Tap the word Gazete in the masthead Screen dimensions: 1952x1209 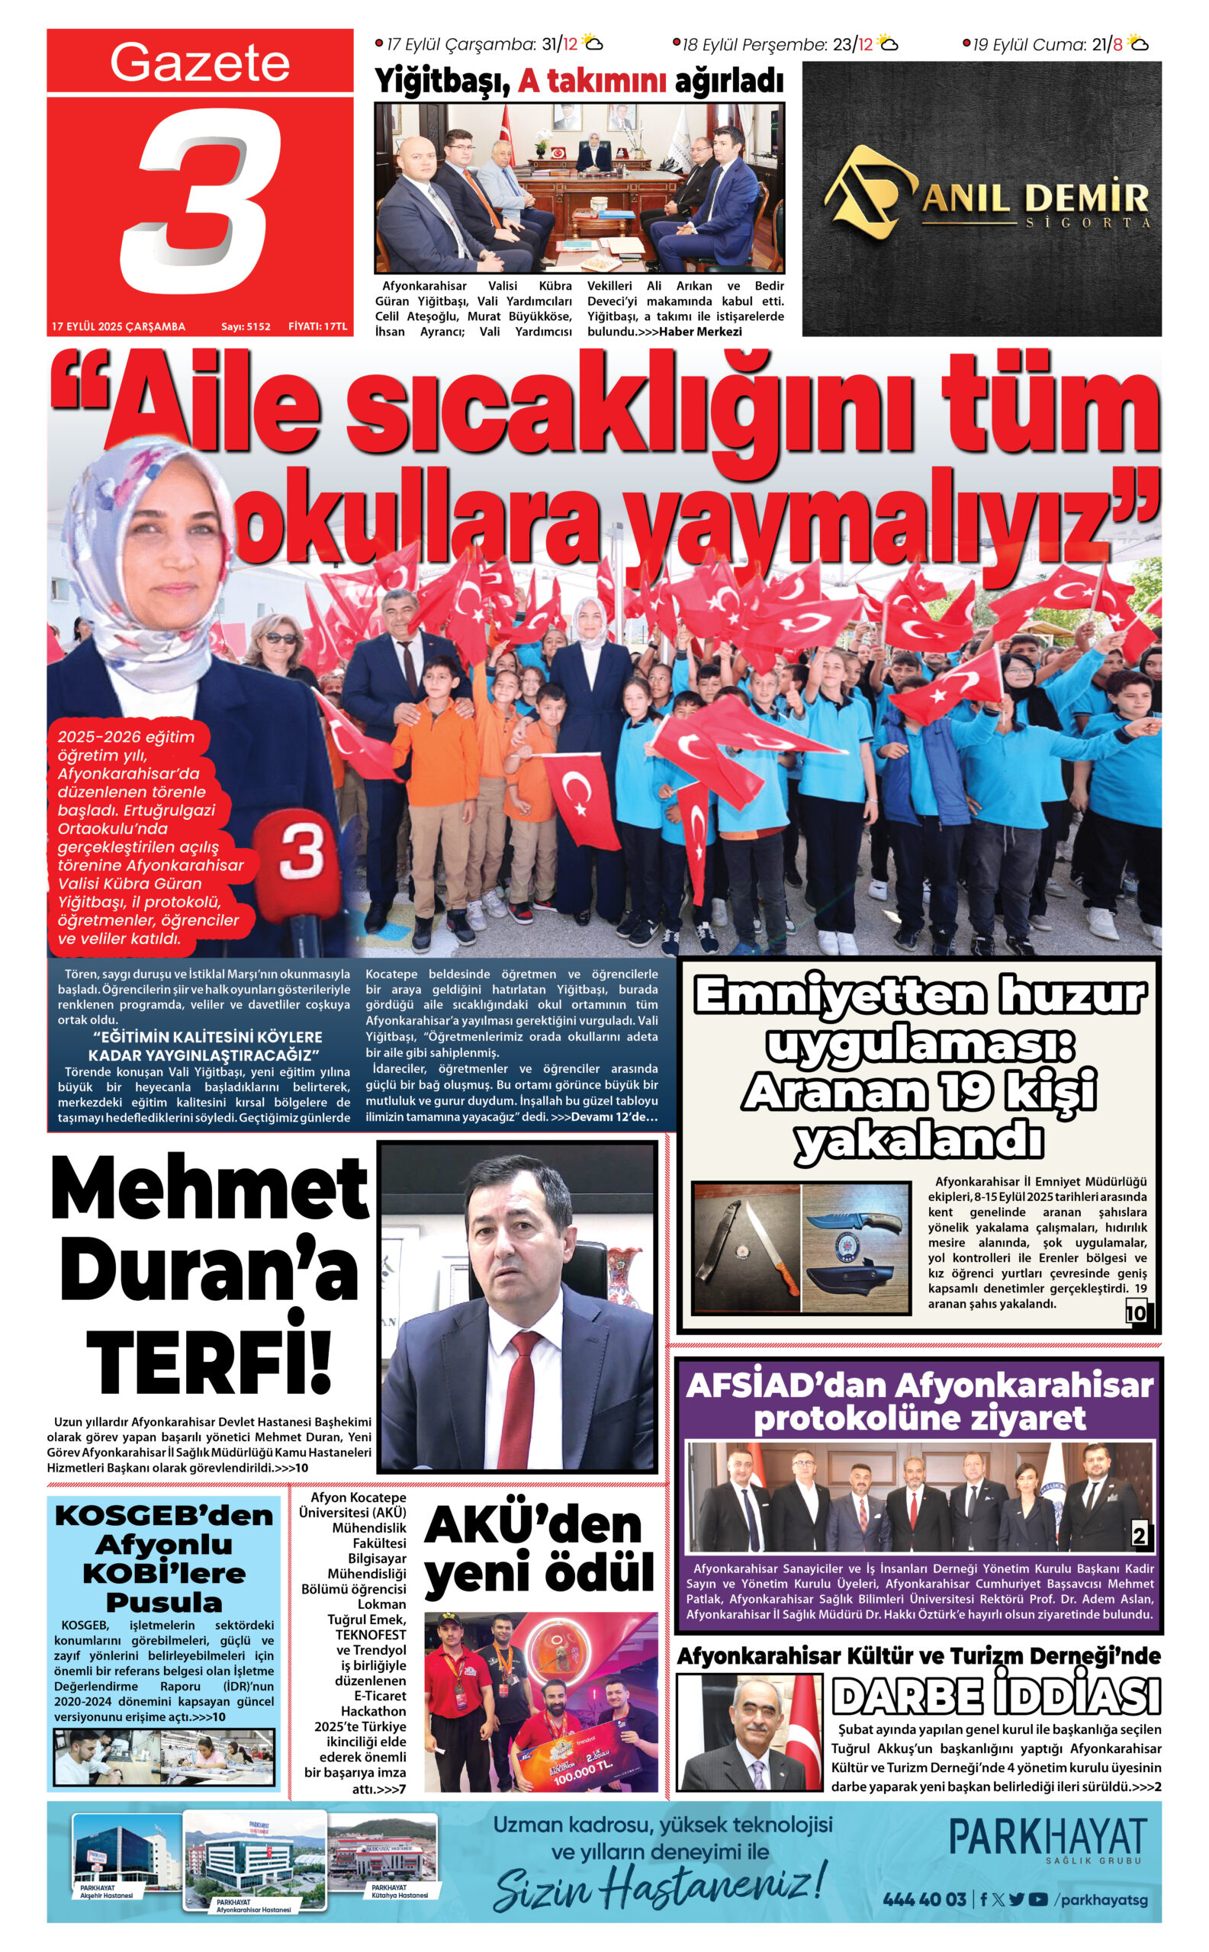tap(199, 63)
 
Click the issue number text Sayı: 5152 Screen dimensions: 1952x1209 tap(246, 327)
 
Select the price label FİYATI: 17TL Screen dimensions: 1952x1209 tap(317, 327)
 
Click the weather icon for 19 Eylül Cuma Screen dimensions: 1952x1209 tap(1139, 44)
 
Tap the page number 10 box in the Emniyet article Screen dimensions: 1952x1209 tap(1137, 1312)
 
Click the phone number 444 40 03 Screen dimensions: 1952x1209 tap(924, 1899)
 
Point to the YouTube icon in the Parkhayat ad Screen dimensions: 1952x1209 tap(1038, 1900)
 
